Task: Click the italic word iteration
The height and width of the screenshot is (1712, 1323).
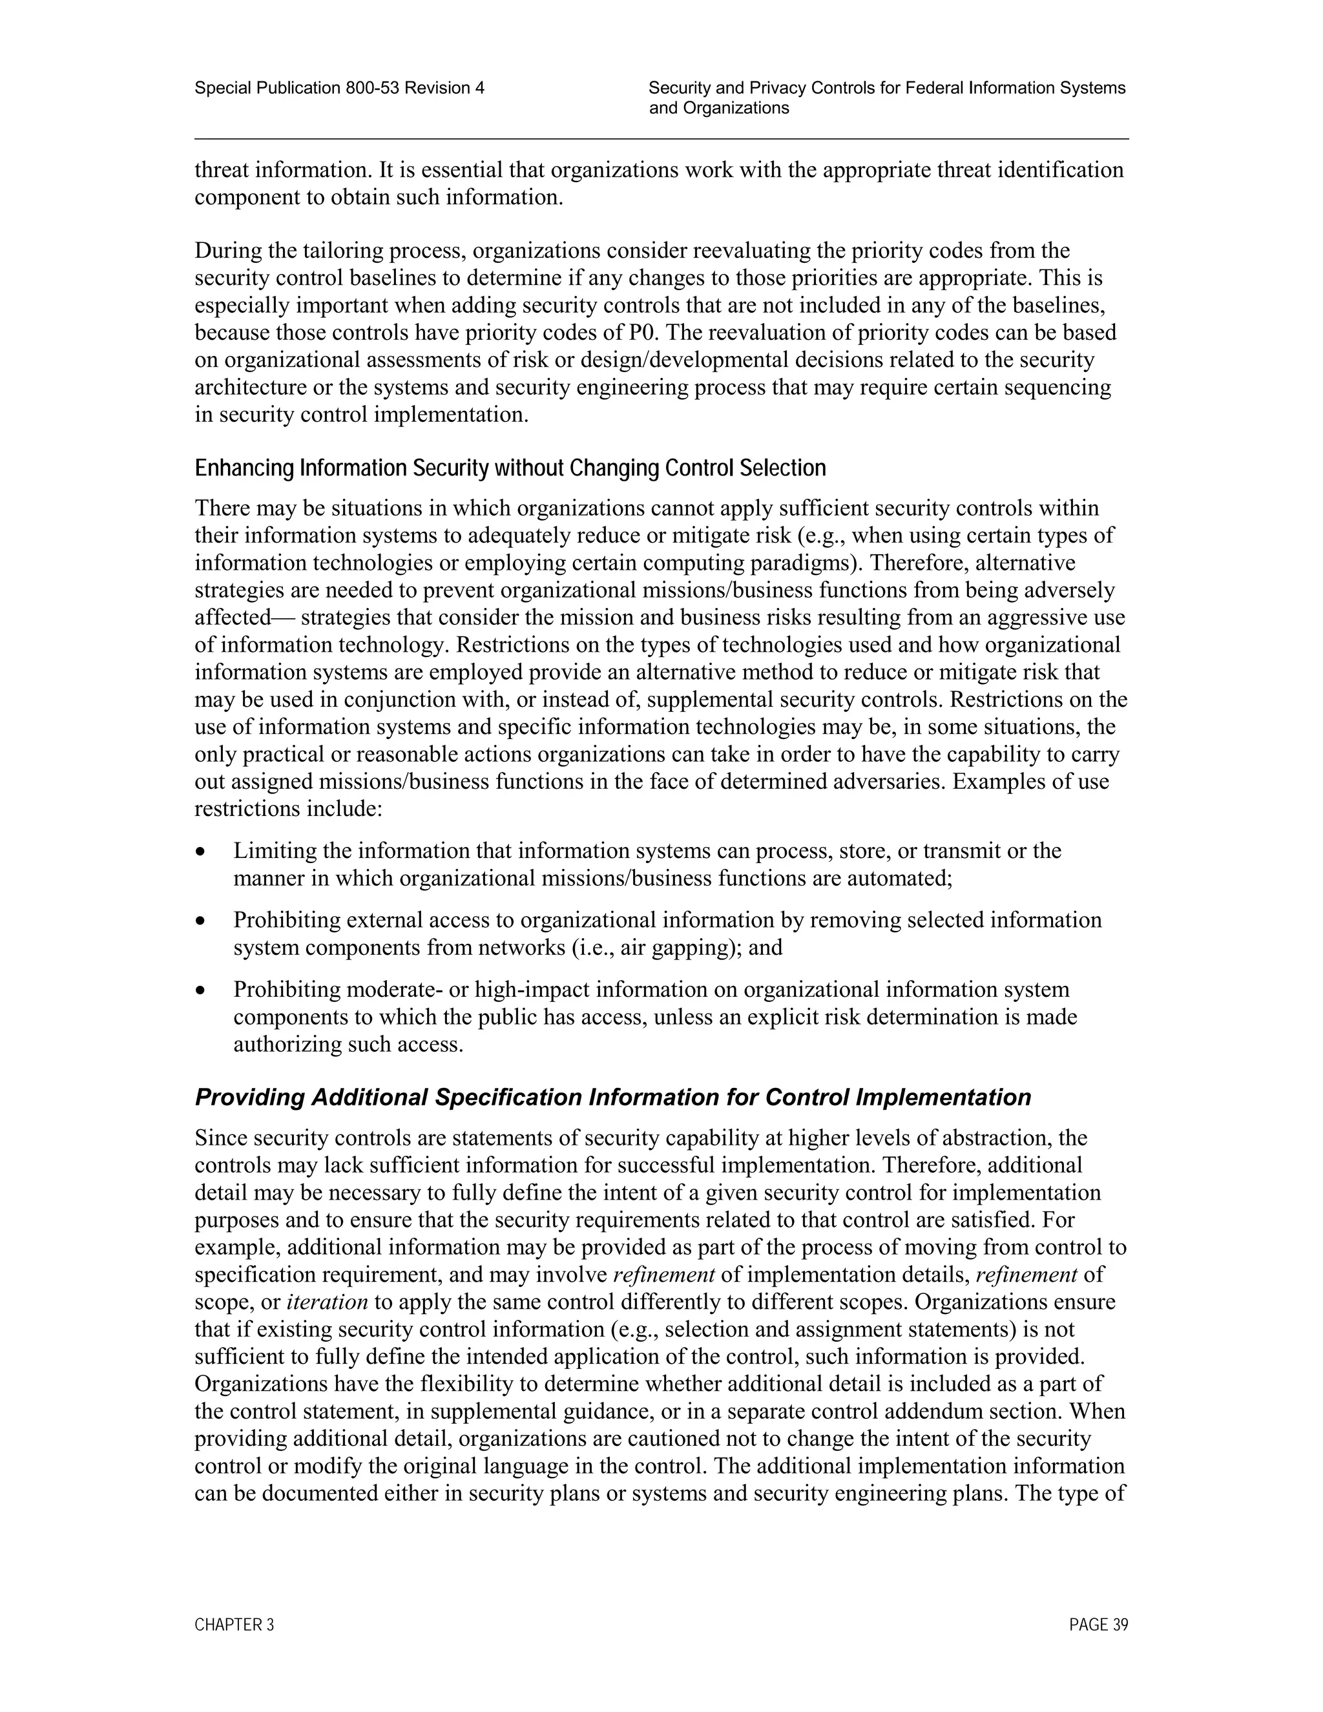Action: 327,1302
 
